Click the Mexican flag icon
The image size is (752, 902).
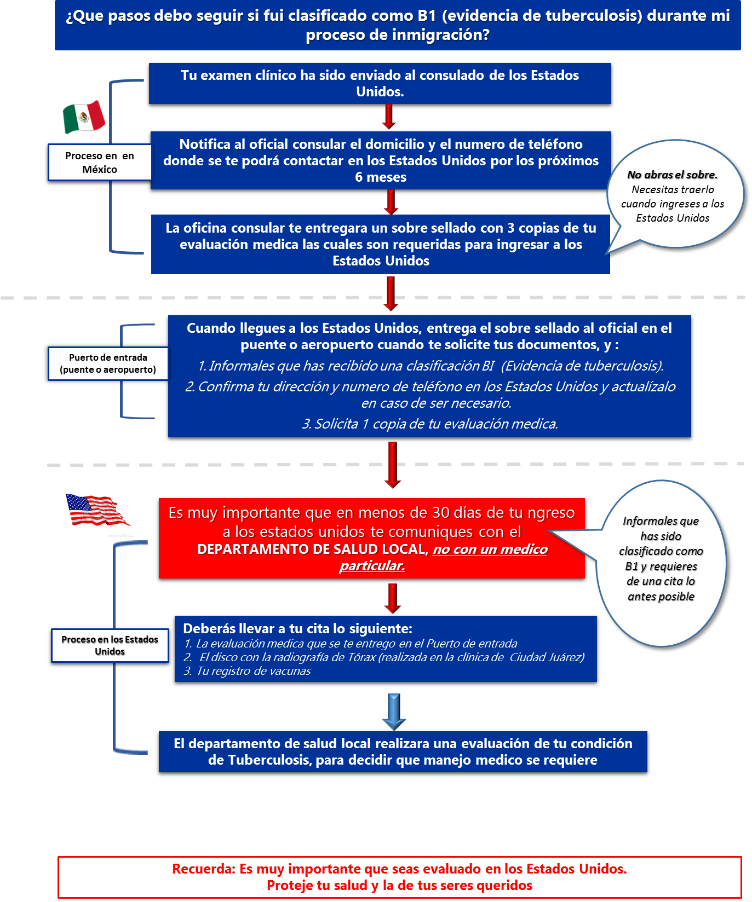click(84, 117)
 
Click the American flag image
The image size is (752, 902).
click(98, 510)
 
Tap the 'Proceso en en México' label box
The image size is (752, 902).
click(100, 163)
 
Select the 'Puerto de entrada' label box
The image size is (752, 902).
click(108, 363)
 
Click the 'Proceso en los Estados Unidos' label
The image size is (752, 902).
click(110, 645)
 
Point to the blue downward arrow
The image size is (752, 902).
click(393, 712)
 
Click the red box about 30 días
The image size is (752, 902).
click(371, 538)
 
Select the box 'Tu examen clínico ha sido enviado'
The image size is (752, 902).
click(380, 83)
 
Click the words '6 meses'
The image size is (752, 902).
click(381, 177)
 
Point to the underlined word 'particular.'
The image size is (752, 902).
click(372, 566)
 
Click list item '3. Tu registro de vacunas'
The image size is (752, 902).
click(248, 671)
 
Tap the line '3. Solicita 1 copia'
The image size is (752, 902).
click(430, 424)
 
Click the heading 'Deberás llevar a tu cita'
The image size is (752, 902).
click(297, 628)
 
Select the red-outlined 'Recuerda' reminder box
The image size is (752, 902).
click(399, 877)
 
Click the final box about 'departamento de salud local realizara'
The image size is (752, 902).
click(403, 751)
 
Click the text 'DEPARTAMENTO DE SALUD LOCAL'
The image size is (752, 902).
click(312, 550)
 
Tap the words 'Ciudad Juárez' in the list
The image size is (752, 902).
click(546, 657)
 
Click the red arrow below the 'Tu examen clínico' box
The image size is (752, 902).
click(389, 117)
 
